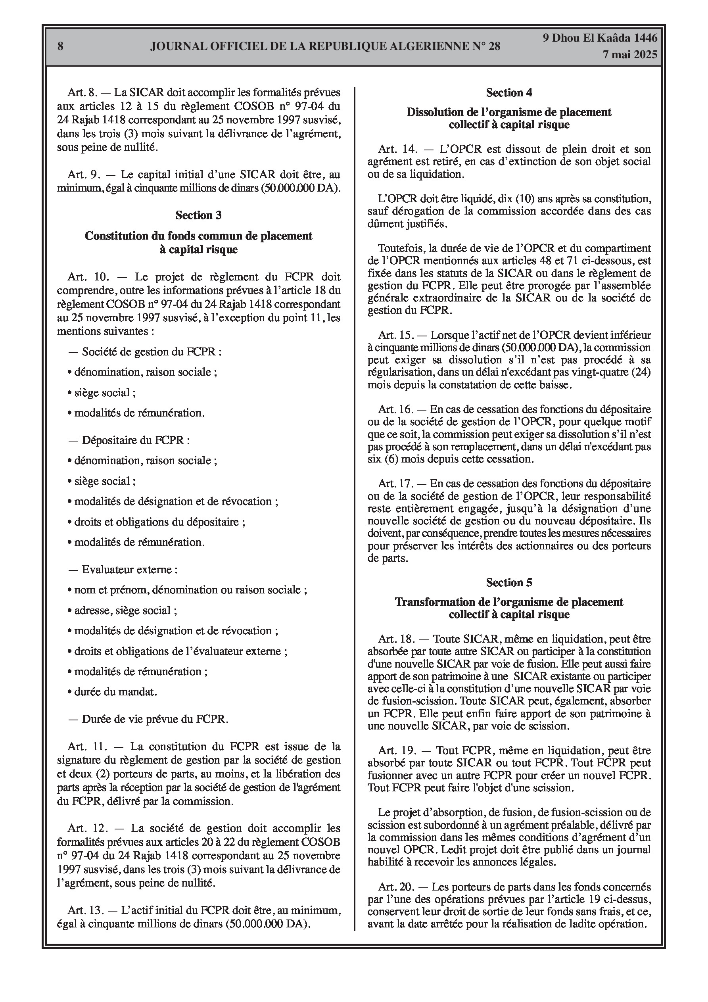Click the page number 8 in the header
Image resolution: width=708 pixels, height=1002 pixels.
pyautogui.click(x=60, y=46)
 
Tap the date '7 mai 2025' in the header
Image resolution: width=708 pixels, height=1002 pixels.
pyautogui.click(x=629, y=55)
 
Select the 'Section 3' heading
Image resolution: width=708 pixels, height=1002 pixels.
pyautogui.click(x=198, y=215)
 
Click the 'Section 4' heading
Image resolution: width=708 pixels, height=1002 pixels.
pyautogui.click(x=509, y=92)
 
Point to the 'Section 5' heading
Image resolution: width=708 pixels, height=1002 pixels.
pyautogui.click(x=509, y=583)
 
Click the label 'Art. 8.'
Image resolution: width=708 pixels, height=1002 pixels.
pyautogui.click(x=82, y=92)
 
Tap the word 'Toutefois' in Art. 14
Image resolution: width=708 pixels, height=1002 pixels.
pyautogui.click(x=400, y=248)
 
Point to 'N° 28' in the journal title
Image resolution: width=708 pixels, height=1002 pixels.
pyautogui.click(x=486, y=46)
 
